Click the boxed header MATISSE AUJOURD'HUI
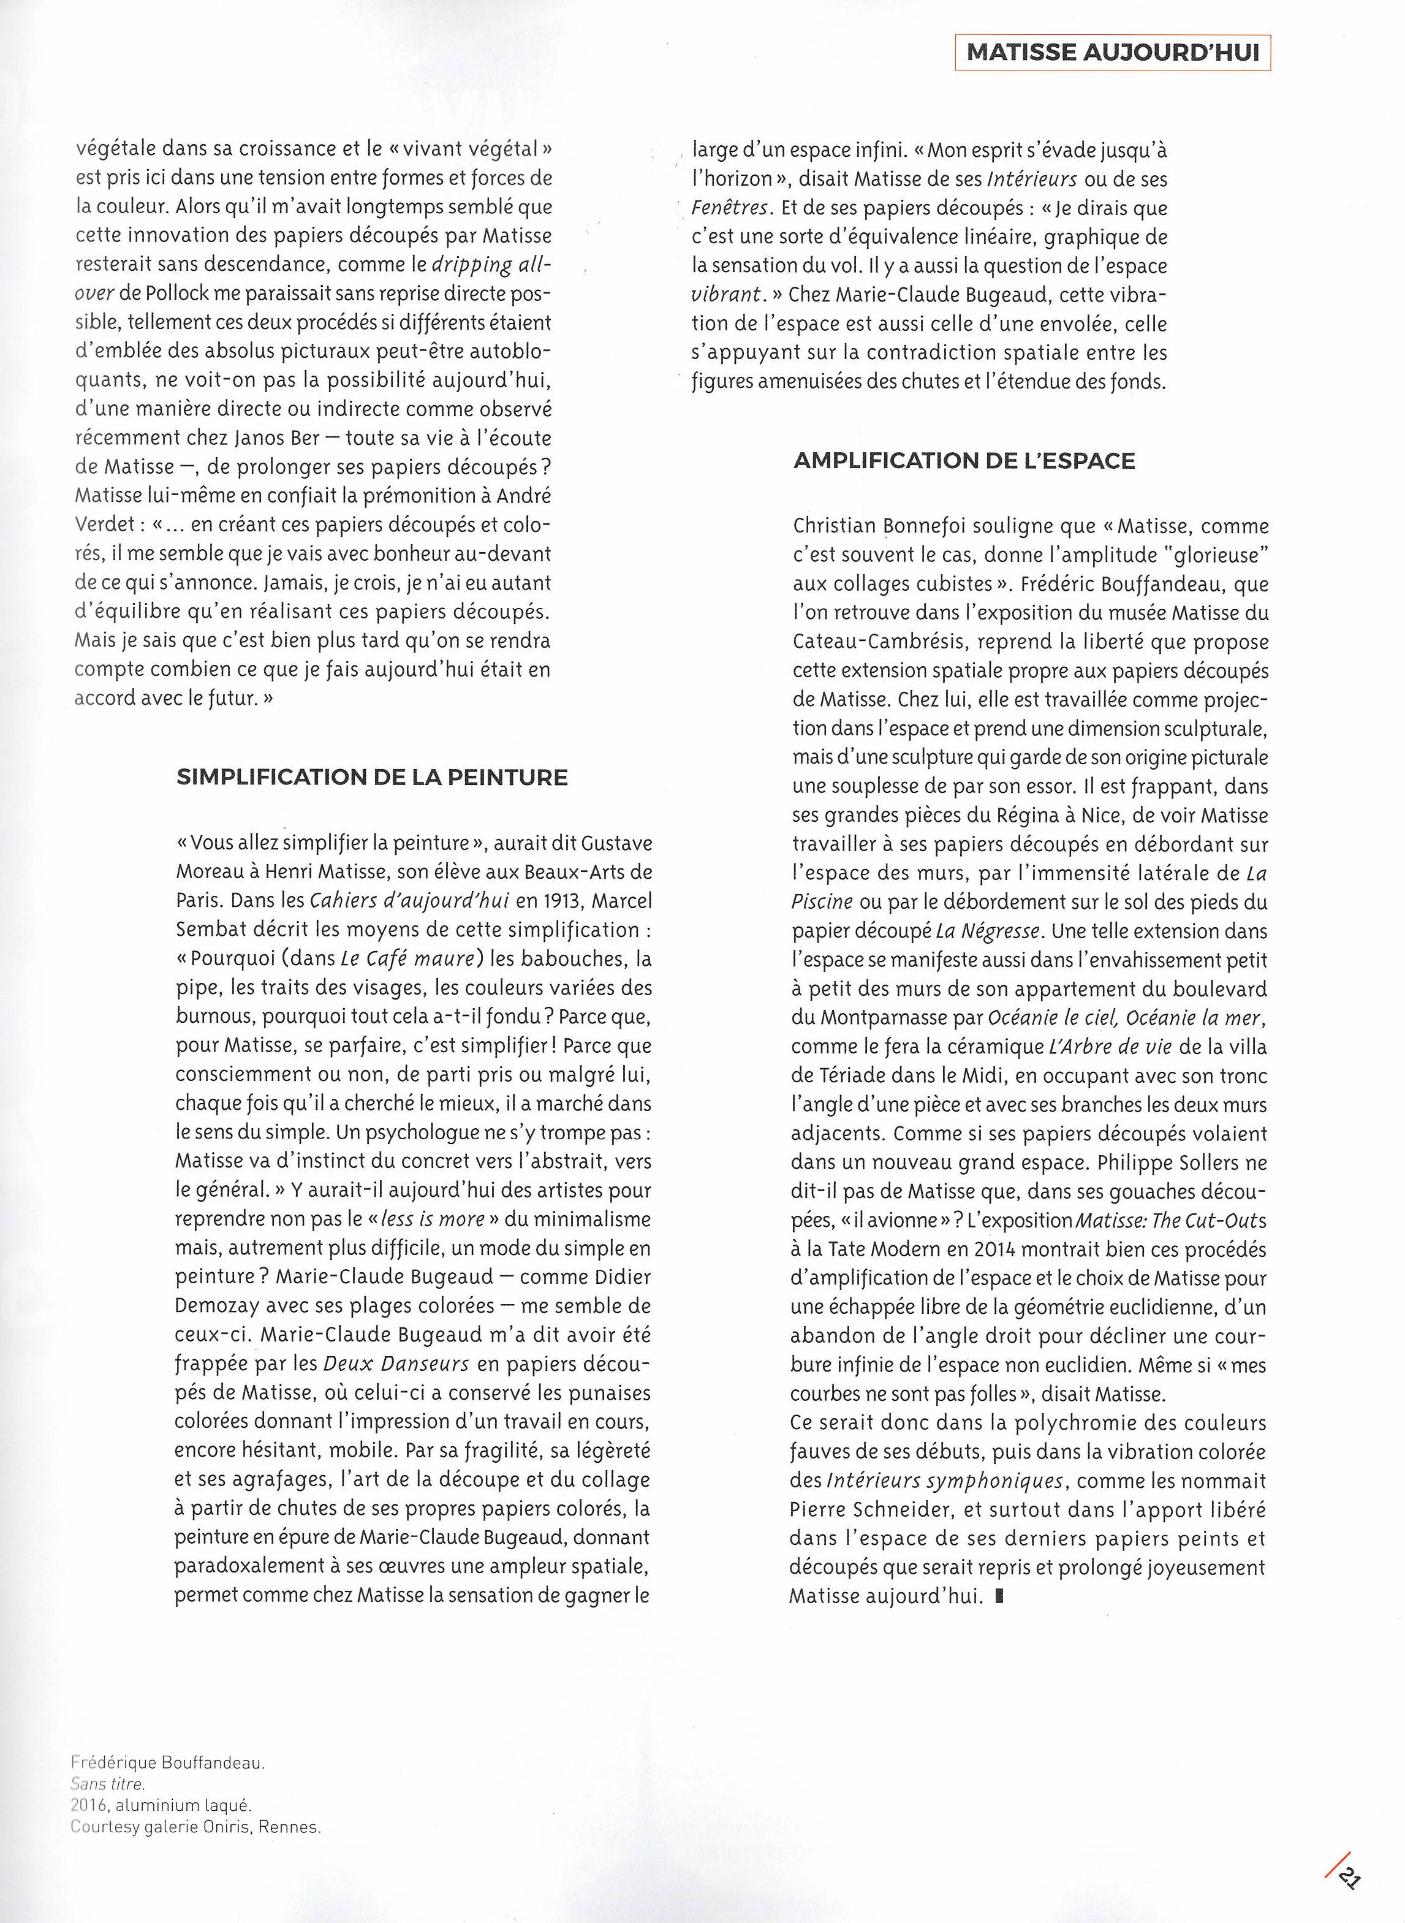pyautogui.click(x=1113, y=52)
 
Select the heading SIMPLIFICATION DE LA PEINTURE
pyautogui.click(x=372, y=778)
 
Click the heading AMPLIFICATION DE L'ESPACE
pyautogui.click(x=964, y=461)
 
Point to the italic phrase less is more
pyautogui.click(x=433, y=1219)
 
